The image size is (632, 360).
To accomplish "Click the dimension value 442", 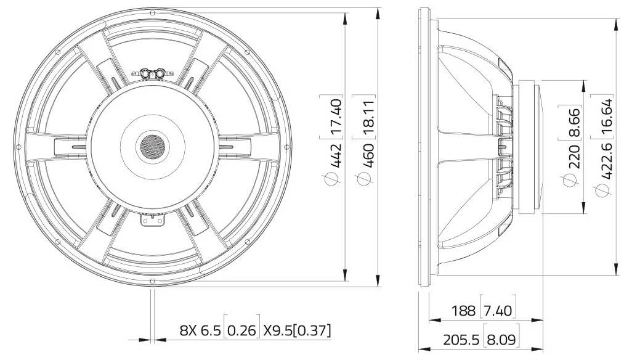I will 335,157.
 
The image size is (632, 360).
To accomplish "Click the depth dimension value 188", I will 463,309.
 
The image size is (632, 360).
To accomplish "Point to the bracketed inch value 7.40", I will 497,309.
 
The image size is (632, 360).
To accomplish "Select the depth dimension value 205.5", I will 459,338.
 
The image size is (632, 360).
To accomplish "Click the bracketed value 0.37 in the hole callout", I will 311,330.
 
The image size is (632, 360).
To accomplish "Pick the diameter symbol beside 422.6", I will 601,192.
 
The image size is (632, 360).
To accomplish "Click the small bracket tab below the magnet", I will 152,219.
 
